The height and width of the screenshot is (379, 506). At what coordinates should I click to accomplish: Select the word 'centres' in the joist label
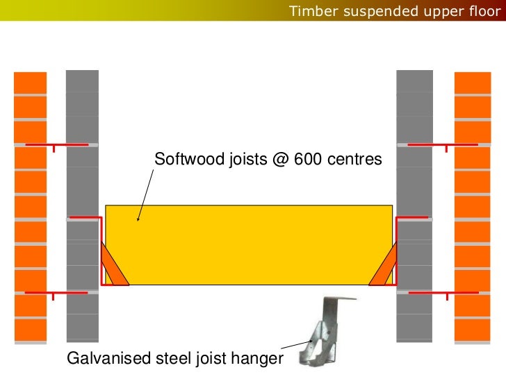[353, 160]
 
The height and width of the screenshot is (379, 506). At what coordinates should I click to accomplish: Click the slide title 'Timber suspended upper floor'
[393, 11]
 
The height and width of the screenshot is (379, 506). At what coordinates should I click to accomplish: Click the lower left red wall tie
[56, 294]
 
